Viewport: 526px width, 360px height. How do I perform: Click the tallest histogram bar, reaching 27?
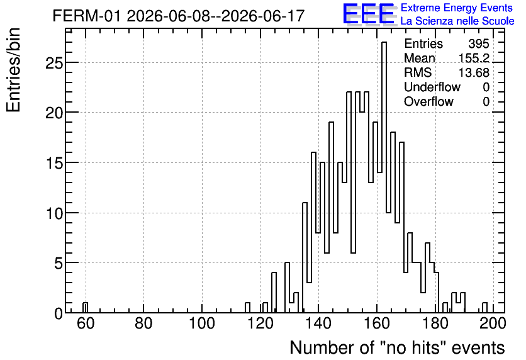click(x=384, y=177)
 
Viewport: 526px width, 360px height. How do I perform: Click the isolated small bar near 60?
click(x=85, y=308)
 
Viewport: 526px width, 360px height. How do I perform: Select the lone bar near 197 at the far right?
click(x=484, y=308)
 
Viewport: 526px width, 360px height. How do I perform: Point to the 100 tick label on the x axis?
click(x=202, y=323)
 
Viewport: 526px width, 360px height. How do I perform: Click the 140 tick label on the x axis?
click(x=319, y=323)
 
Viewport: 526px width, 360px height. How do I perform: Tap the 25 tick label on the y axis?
click(x=53, y=63)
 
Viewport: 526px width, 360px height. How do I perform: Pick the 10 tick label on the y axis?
click(x=53, y=213)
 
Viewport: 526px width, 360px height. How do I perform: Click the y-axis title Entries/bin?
click(x=13, y=70)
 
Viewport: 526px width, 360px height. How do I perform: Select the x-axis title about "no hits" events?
click(x=397, y=347)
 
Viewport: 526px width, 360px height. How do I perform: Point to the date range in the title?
click(x=216, y=16)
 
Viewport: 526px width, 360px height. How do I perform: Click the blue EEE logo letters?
click(x=368, y=14)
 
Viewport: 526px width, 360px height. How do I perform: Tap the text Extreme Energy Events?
click(x=457, y=8)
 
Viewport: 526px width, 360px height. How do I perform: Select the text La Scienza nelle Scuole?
click(x=457, y=21)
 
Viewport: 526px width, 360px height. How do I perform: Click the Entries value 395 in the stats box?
click(x=479, y=43)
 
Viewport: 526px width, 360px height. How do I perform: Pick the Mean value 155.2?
click(x=474, y=58)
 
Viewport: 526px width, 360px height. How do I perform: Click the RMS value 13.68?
click(x=474, y=72)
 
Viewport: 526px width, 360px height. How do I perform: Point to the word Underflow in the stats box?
click(x=432, y=87)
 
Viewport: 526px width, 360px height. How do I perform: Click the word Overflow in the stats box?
click(x=428, y=101)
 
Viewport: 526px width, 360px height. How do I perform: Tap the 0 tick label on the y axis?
click(x=59, y=313)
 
